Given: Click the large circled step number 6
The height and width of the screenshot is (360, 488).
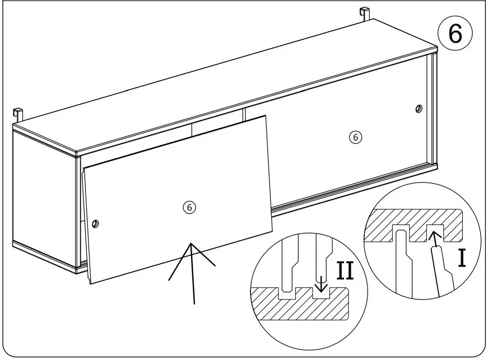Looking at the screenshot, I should pos(454,34).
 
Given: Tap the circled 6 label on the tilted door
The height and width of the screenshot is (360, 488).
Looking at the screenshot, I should pos(189,207).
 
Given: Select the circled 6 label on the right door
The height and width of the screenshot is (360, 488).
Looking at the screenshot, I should pos(355,137).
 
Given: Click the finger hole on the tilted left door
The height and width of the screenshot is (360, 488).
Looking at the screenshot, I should pos(95,224).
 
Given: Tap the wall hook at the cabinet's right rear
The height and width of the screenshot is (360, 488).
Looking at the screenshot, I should pos(364,13).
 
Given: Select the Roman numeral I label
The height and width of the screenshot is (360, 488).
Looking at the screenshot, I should pos(462,259).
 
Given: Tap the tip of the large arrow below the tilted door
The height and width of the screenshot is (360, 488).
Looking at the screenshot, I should pos(192,244).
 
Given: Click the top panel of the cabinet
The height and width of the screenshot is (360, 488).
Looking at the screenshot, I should pos(224,84).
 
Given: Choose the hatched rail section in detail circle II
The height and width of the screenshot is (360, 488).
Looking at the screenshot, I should pos(303,305).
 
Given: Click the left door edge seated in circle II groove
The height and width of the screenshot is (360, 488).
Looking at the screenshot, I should pos(287,274).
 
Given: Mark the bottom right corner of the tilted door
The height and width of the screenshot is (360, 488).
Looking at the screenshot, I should pos(273,231).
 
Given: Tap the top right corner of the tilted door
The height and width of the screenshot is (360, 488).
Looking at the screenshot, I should pos(266,116).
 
